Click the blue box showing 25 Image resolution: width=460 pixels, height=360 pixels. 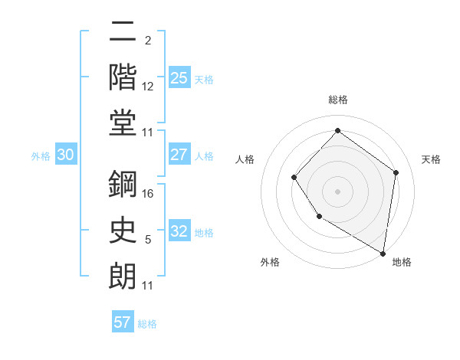pos(179,77)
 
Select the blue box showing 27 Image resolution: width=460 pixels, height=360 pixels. pos(179,155)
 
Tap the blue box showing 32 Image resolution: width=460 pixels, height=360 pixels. pos(179,231)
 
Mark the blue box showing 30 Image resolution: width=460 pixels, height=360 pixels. pos(66,155)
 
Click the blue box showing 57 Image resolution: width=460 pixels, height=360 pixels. pos(123,322)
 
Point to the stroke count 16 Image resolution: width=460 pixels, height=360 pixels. pos(149,194)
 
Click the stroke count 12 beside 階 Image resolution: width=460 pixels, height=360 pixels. pos(149,86)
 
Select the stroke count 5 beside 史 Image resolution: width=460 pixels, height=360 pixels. pos(148,240)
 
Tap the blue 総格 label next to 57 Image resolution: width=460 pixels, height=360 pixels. pos(147,324)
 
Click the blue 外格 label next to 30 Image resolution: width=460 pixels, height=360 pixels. pos(41,156)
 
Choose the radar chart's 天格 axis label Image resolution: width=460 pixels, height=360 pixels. pos(431,159)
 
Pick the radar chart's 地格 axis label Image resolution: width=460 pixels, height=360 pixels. pos(402,262)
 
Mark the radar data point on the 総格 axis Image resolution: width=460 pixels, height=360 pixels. pos(337,130)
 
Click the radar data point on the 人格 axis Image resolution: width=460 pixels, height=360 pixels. pos(294,178)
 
